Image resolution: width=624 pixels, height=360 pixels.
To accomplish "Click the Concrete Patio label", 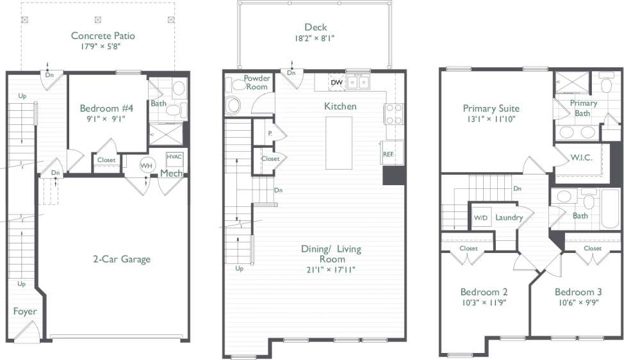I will pos(103,36).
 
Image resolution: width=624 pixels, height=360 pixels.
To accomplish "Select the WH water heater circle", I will pos(147,165).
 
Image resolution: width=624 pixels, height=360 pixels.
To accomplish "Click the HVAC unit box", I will pos(174,158).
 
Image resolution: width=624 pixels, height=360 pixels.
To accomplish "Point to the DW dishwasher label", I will pos(336,82).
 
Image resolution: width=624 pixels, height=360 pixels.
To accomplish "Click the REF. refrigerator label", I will pos(388,154).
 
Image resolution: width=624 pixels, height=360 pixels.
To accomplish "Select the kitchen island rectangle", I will pos(339,143).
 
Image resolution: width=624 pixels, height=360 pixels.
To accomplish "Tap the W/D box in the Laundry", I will pos(480,218).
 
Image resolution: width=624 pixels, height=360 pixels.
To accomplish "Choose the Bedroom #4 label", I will pos(104,108).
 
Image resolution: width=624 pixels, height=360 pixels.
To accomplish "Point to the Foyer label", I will pos(25,311).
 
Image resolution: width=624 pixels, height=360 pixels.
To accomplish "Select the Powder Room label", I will pos(257,83).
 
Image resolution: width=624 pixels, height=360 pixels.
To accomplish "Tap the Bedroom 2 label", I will pos(484,292).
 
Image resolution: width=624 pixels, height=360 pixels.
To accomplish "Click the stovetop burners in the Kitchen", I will pos(393,113).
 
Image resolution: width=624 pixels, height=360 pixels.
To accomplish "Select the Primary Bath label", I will pos(584,108).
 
